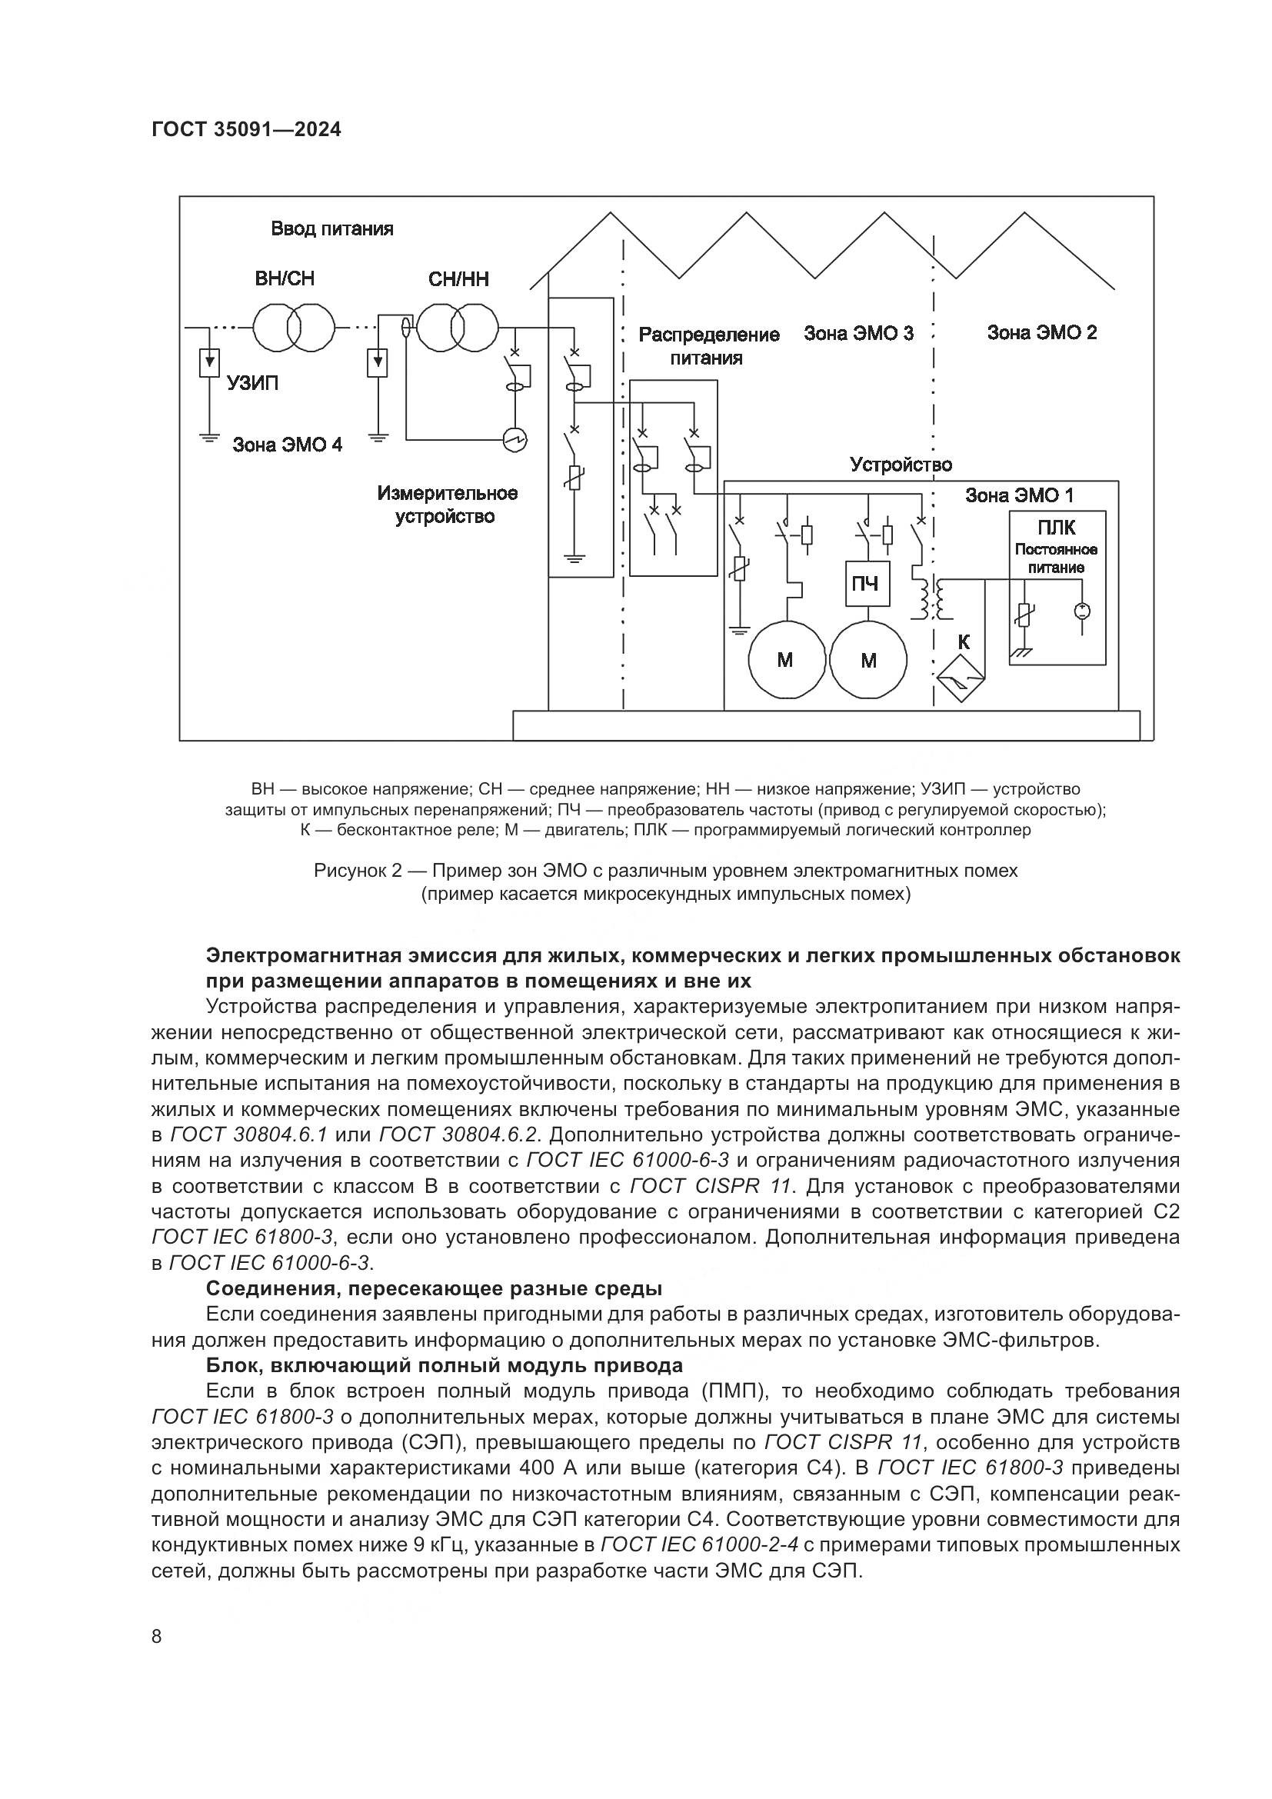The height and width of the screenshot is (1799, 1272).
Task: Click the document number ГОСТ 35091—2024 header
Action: pos(246,130)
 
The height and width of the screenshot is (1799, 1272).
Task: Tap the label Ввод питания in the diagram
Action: pos(332,228)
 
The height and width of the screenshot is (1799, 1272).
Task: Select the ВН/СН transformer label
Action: pos(285,279)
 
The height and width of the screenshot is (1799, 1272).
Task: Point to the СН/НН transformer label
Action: pos(458,280)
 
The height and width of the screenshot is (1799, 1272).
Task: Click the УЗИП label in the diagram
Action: pos(252,383)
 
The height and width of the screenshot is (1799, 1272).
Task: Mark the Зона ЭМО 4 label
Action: pos(288,445)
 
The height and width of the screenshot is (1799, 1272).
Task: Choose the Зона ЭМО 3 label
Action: pos(858,333)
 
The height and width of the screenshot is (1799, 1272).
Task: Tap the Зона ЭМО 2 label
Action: pos(1042,332)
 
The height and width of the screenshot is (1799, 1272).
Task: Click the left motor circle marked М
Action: pos(786,660)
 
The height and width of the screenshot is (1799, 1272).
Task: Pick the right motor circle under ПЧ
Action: pos(867,660)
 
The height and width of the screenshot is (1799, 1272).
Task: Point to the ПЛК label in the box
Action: pos(1056,528)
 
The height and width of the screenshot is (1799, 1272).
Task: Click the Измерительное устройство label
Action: pos(447,505)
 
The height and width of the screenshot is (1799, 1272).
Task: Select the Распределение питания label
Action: pos(709,345)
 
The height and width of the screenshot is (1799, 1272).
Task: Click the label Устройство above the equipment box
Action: pos(901,465)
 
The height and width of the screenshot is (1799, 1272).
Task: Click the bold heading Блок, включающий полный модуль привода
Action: pos(444,1366)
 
